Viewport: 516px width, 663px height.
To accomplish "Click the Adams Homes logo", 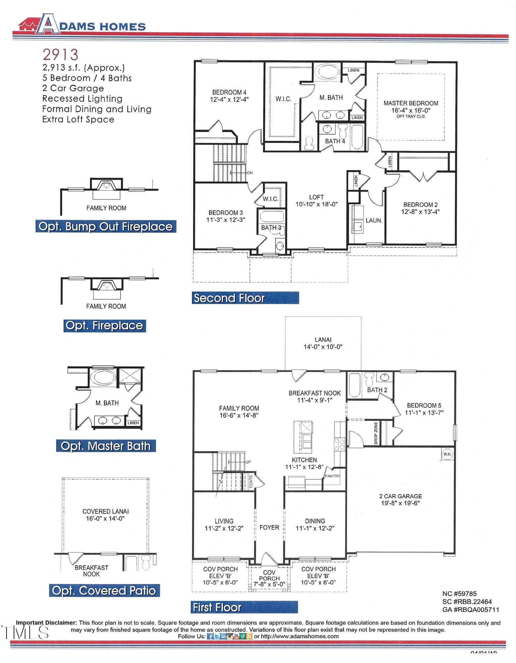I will [81, 24].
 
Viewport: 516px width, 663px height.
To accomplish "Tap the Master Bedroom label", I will [410, 103].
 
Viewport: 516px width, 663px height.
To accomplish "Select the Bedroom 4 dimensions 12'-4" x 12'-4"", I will [229, 99].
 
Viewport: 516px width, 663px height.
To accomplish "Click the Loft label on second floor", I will [316, 197].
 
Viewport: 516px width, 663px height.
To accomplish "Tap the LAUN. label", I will [374, 220].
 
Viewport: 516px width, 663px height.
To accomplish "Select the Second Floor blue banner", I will [245, 298].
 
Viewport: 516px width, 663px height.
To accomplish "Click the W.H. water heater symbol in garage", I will [447, 454].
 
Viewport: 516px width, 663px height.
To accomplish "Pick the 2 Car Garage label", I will [400, 496].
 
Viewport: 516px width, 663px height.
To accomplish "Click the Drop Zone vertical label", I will [376, 433].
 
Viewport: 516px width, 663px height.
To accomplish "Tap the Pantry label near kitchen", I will [332, 476].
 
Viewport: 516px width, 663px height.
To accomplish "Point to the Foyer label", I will [269, 527].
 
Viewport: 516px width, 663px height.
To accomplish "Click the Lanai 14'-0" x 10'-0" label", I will [323, 343].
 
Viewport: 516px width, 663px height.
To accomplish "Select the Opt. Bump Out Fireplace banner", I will [106, 226].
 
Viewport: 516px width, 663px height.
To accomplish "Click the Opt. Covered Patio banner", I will [104, 590].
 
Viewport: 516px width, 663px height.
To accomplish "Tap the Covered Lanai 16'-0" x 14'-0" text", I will [105, 515].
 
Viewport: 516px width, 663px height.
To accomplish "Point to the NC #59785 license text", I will [459, 594].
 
